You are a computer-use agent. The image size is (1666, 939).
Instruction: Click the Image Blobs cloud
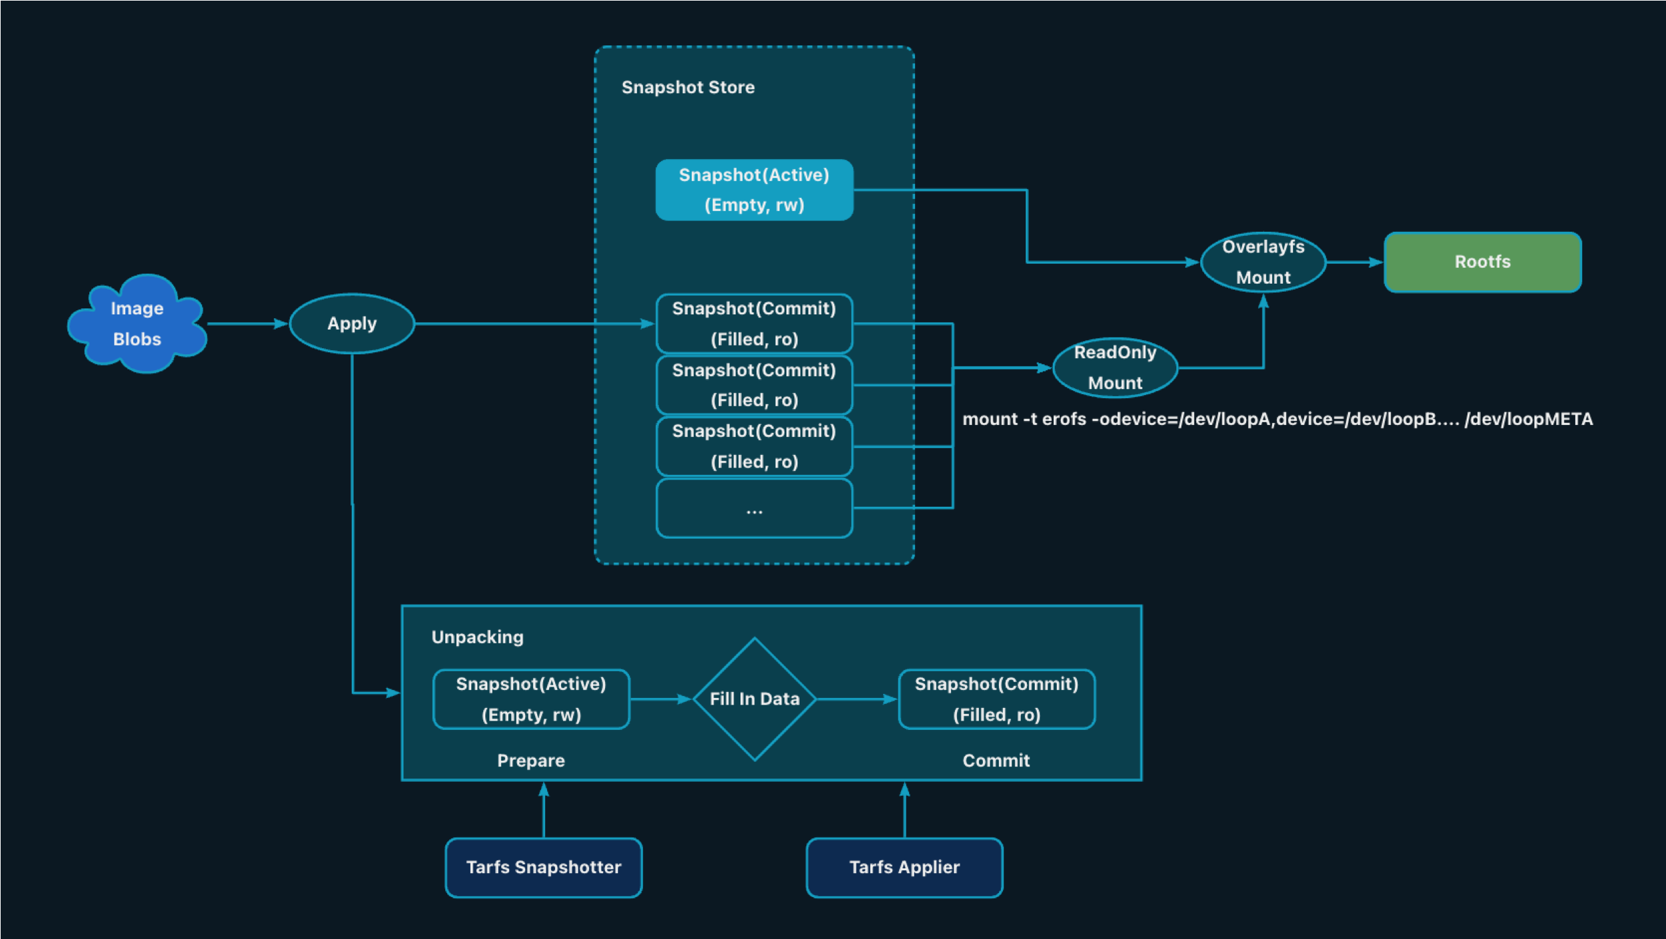point(137,324)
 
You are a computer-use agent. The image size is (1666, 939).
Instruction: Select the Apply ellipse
point(352,324)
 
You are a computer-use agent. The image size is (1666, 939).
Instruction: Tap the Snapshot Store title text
point(688,87)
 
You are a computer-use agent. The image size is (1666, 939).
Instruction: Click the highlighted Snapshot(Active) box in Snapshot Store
point(754,190)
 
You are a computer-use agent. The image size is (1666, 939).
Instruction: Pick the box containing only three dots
point(754,509)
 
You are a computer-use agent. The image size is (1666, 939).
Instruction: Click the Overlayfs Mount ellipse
point(1263,262)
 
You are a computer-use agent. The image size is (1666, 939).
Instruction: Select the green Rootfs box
point(1482,262)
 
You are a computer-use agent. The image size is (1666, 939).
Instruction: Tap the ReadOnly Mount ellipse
point(1115,368)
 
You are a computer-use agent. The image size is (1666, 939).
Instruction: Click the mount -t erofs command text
point(1277,419)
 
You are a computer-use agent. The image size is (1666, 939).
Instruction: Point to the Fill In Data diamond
point(754,699)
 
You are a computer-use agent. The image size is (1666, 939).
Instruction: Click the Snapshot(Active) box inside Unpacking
point(531,699)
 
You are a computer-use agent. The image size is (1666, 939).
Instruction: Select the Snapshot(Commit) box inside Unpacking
point(996,699)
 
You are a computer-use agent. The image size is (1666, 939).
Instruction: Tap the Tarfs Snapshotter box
point(544,867)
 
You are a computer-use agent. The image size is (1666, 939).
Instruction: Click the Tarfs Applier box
point(904,867)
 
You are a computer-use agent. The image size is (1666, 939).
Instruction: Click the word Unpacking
point(477,637)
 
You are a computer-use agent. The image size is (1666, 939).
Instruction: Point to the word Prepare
point(530,761)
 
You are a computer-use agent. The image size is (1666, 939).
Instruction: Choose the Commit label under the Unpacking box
point(996,761)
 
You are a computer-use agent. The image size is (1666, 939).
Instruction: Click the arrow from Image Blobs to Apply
point(247,324)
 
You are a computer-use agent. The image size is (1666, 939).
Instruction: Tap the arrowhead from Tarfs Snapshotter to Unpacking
point(544,790)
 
